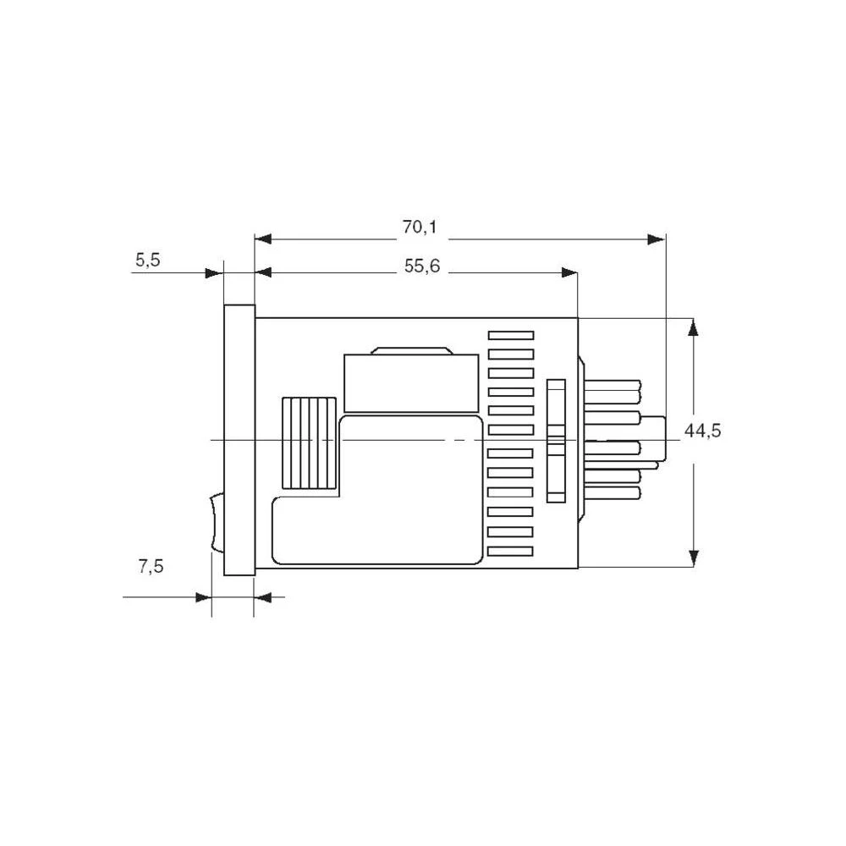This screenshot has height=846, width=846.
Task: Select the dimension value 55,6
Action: [x=422, y=266]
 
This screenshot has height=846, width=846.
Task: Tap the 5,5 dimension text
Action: [x=147, y=261]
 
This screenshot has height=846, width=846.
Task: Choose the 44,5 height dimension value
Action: [x=702, y=431]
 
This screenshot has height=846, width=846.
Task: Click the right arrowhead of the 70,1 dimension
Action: [x=656, y=239]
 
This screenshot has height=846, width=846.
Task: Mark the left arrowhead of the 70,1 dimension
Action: [x=263, y=239]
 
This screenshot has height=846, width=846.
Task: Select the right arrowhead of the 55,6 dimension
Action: [x=569, y=272]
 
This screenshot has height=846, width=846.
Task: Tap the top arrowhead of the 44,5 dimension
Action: [x=694, y=327]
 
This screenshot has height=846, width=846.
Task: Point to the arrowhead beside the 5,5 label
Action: [x=215, y=272]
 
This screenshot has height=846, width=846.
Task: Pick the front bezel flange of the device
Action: [x=239, y=440]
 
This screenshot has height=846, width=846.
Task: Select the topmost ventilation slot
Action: [x=511, y=336]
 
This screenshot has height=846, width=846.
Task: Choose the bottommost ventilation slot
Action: [x=511, y=551]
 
